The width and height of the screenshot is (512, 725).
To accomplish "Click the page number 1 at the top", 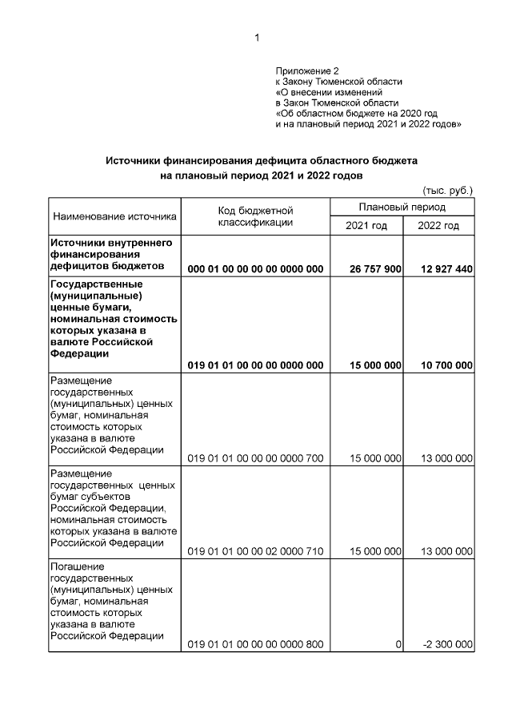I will point(257,38).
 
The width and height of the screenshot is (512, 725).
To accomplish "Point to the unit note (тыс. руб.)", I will point(447,190).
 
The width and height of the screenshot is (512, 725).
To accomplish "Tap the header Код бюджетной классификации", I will point(255,216).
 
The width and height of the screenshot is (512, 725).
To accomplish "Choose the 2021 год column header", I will point(366,226).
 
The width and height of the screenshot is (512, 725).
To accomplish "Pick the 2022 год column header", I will point(438,226).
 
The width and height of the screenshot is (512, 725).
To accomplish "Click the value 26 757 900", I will point(375,269).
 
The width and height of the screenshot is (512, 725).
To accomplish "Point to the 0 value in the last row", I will point(398,645).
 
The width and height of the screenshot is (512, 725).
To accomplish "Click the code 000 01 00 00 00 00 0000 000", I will point(255,269).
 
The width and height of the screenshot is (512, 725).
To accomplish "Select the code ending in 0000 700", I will point(255,458).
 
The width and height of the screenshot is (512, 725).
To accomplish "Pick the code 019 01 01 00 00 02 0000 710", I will point(255,552).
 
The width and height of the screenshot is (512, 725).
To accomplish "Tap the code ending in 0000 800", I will point(255,645).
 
